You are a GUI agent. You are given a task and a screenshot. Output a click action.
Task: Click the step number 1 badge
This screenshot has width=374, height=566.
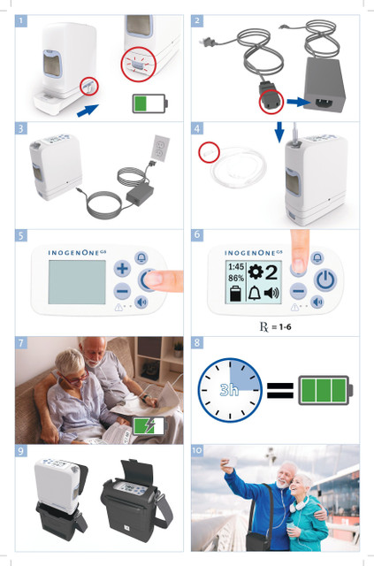[x=21, y=21]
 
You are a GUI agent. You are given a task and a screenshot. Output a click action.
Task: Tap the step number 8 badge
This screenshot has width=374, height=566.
[x=197, y=342]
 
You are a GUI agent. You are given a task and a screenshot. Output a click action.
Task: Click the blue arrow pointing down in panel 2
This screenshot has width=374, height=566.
[x=279, y=132]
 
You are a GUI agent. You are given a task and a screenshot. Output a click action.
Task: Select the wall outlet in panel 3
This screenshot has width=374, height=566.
[x=160, y=149]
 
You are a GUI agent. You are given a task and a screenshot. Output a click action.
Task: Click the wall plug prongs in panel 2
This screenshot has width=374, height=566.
[x=205, y=42]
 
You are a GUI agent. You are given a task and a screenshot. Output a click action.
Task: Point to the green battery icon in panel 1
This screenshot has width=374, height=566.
[x=149, y=103]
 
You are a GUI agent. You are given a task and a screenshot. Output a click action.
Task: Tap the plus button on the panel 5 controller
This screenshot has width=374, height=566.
[x=122, y=269]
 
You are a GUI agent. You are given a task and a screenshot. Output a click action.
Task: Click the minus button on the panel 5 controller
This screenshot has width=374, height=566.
[x=122, y=291]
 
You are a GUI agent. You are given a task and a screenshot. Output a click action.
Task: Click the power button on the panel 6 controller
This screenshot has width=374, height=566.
[x=325, y=280]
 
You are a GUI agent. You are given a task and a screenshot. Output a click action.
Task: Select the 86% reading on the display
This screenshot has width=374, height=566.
[x=236, y=279]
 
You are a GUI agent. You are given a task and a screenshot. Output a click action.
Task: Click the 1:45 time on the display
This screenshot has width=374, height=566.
[x=236, y=267]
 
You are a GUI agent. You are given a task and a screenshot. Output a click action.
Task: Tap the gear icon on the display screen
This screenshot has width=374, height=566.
[x=256, y=272]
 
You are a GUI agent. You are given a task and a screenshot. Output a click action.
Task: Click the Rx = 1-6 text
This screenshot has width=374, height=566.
[x=276, y=327]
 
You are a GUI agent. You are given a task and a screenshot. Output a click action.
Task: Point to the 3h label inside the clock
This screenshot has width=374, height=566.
[x=229, y=390]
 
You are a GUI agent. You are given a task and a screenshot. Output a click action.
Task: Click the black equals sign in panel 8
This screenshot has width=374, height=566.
[x=280, y=390]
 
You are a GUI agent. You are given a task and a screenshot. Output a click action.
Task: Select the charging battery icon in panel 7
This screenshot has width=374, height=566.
[x=149, y=426]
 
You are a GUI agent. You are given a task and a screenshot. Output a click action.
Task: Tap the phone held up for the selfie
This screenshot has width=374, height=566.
[x=232, y=462]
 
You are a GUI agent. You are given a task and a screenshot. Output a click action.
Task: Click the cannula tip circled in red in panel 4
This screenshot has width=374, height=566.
[x=209, y=152]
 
